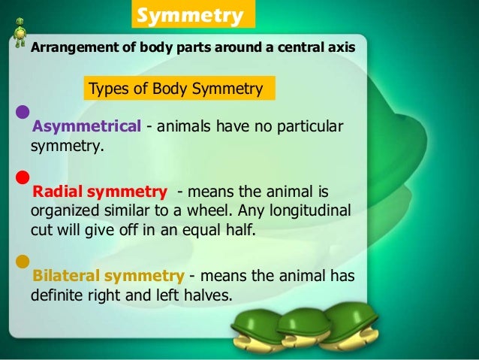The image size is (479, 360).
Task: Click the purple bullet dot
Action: (23, 113)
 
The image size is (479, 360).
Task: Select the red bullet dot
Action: (23, 177)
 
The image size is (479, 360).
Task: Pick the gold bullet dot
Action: (23, 262)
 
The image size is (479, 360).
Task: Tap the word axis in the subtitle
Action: (340, 47)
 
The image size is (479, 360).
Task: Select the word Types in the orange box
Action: (107, 89)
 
